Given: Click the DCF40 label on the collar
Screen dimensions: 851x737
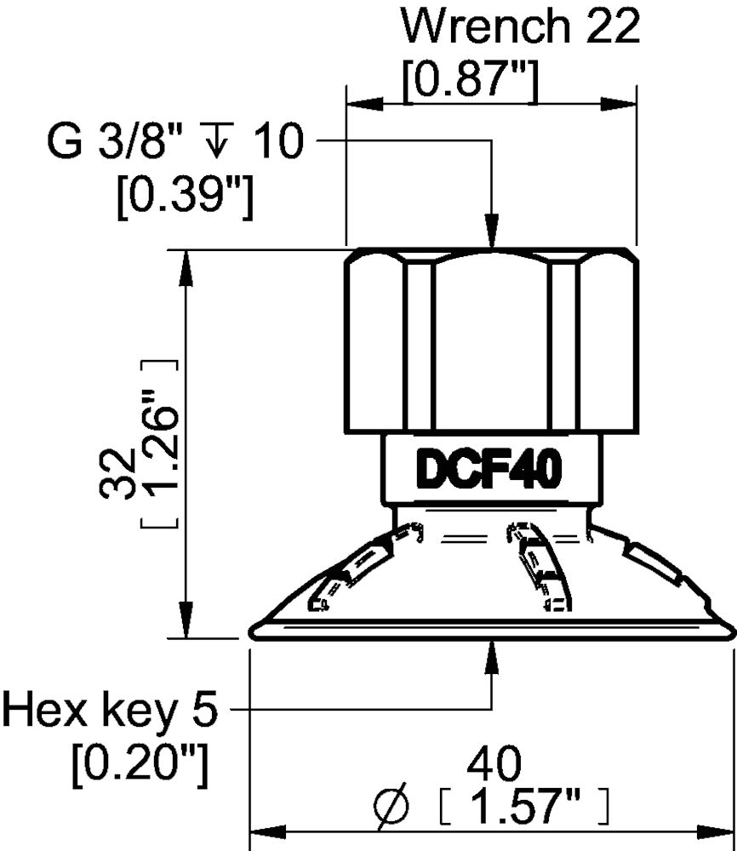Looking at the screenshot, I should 493,471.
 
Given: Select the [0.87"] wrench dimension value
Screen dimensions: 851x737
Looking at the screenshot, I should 471,83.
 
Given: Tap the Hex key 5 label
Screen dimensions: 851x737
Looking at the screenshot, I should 111,708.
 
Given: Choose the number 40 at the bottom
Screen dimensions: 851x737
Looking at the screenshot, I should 493,765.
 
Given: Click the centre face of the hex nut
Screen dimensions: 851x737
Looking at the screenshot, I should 491,340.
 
